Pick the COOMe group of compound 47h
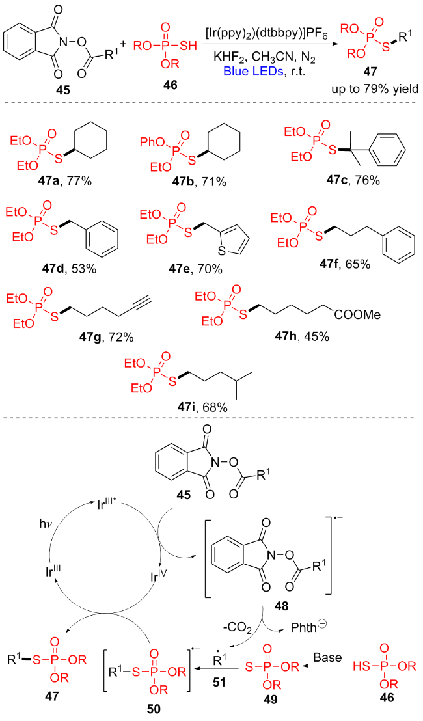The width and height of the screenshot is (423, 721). [357, 316]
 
